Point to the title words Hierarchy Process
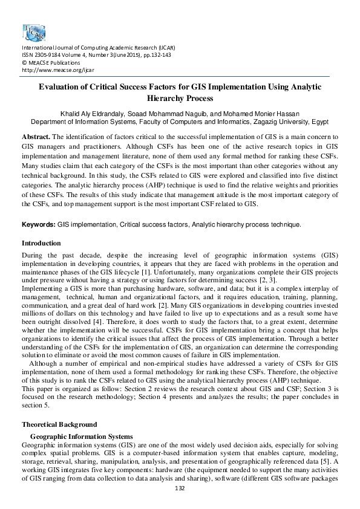(180, 98)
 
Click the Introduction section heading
(41, 243)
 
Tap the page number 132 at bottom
(180, 488)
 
